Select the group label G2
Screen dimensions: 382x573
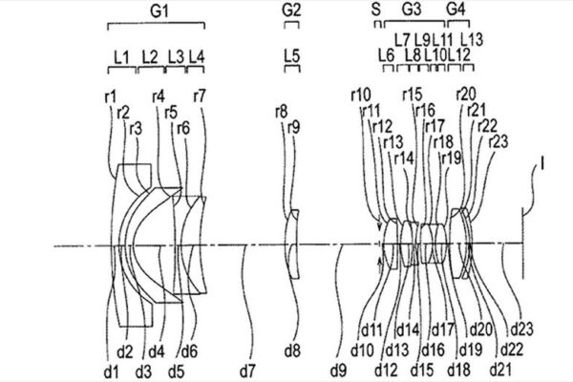click(x=292, y=9)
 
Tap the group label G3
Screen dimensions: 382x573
click(x=413, y=9)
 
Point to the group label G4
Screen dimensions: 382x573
click(x=457, y=9)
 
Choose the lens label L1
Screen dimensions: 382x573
click(x=121, y=57)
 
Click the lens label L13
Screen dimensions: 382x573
click(x=472, y=39)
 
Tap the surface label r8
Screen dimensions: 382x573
click(x=281, y=113)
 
